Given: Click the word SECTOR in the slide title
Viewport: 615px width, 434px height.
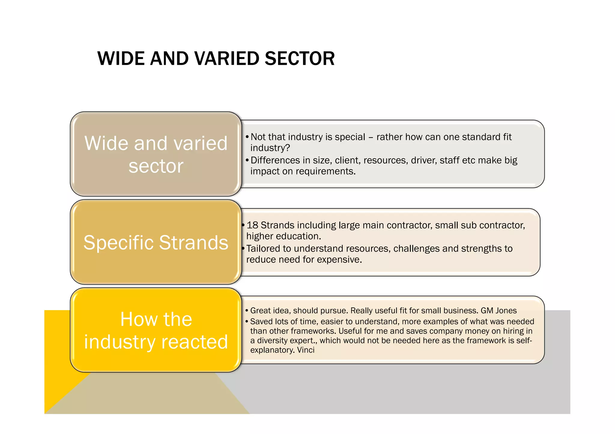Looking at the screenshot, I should pos(300,58).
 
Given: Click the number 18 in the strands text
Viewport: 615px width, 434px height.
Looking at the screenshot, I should pos(252,225).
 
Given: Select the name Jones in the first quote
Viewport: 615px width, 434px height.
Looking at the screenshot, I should pos(506,310).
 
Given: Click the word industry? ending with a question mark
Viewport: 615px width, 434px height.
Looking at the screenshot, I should pos(270,148).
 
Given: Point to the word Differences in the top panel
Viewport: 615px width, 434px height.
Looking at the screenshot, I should pos(275,160).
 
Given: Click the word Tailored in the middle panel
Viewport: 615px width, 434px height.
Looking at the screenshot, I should pos(268,249).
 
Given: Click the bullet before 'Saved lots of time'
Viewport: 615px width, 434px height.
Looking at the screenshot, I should pos(247,322).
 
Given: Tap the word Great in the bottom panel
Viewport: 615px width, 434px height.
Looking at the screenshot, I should pos(260,310).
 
